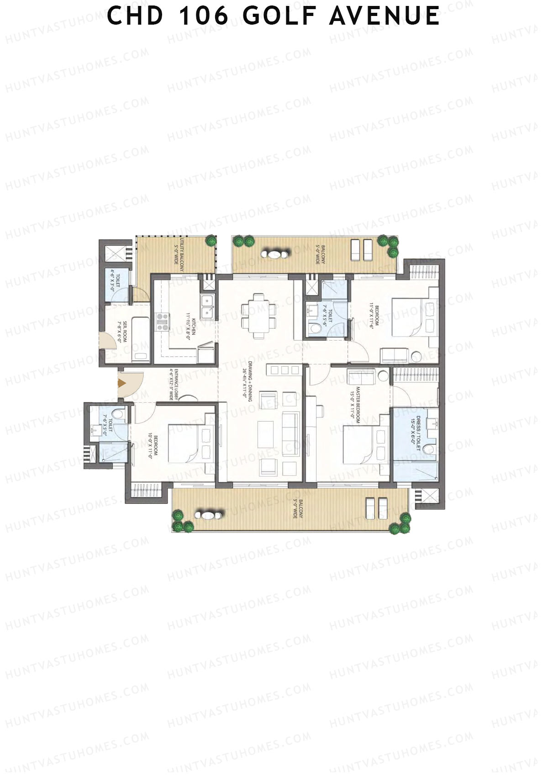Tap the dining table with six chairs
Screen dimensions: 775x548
point(259,316)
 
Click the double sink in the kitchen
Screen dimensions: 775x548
point(208,307)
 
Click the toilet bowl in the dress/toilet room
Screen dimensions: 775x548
point(427,450)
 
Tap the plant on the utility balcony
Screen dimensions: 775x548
point(211,240)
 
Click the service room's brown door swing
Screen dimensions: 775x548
point(107,341)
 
